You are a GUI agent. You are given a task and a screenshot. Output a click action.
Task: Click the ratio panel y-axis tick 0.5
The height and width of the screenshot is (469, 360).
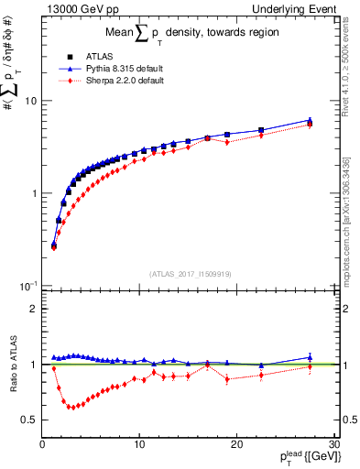pyautogui.click(x=31, y=420)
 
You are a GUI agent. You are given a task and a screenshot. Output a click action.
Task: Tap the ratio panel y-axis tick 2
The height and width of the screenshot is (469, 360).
pyautogui.click(x=35, y=309)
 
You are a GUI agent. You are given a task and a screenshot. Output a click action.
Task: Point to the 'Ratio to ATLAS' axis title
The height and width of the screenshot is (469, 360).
pyautogui.click(x=12, y=364)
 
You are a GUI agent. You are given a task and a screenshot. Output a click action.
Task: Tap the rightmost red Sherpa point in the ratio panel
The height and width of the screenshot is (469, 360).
pyautogui.click(x=310, y=368)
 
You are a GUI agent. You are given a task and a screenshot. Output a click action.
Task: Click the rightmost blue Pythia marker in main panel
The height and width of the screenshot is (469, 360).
pyautogui.click(x=310, y=120)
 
